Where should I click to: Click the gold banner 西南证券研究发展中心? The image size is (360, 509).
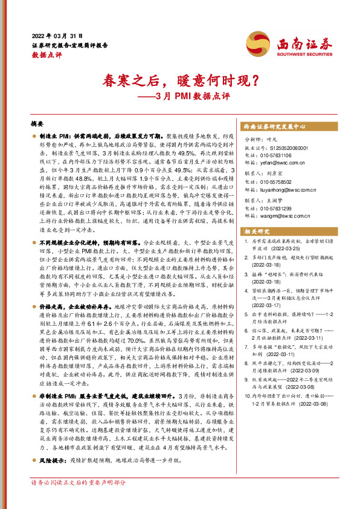tap(274, 128)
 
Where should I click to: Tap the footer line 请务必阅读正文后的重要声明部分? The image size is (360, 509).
tap(79, 499)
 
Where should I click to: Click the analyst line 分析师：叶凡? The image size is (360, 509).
tap(265, 139)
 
